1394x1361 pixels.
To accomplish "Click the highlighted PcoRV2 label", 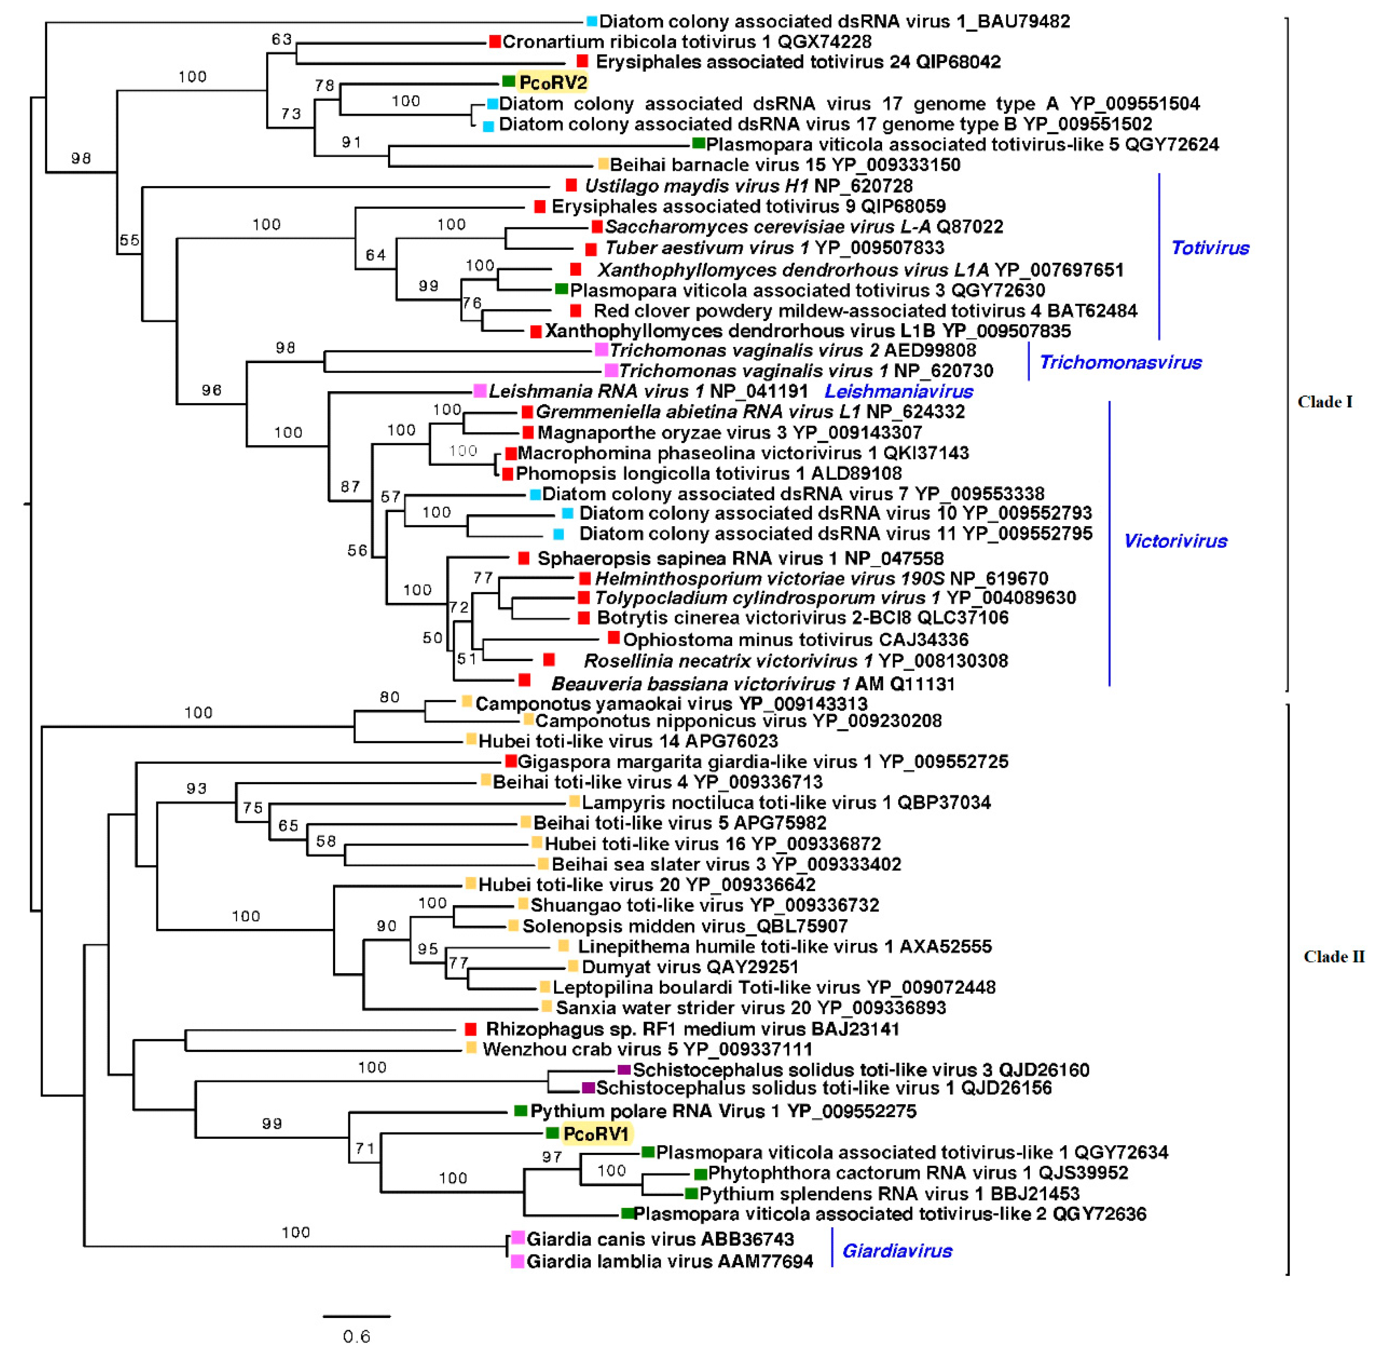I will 553,83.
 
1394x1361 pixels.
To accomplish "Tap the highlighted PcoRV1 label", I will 596,1134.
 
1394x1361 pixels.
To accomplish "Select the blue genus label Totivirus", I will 1210,248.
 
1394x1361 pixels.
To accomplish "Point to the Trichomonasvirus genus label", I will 1120,362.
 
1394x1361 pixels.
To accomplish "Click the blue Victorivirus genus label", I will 1175,541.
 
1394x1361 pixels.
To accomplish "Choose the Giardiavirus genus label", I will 897,1250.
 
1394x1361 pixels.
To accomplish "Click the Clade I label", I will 1325,402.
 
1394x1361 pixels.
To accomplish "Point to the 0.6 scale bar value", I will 356,1336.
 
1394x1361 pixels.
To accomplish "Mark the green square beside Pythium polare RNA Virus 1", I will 521,1111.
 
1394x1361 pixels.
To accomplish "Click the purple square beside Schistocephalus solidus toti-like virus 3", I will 624,1070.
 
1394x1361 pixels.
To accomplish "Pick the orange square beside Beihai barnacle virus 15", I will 603,164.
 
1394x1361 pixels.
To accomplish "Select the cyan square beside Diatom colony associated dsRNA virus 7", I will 535,494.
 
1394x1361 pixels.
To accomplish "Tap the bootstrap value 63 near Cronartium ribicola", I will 282,39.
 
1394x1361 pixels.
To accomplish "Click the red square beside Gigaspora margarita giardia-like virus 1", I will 511,761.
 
